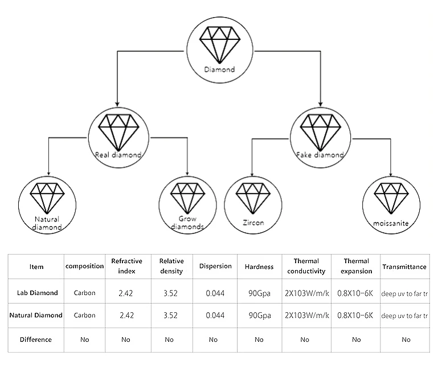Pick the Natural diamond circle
(47, 204)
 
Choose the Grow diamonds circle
(187, 204)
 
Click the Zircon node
(253, 204)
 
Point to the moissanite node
(392, 204)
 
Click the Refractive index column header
(127, 265)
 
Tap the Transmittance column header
(404, 267)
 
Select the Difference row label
(36, 340)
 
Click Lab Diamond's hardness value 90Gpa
(259, 293)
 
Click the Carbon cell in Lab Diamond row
(85, 293)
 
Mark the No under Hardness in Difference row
(259, 340)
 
